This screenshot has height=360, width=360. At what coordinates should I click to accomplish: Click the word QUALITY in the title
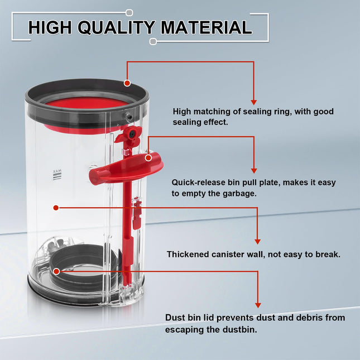point(116,27)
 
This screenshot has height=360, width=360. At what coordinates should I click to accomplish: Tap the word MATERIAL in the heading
point(207,27)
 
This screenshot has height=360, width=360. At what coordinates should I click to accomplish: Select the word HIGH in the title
point(50,27)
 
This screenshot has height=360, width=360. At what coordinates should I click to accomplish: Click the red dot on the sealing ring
point(127,83)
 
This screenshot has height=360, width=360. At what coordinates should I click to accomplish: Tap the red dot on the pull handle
point(148,158)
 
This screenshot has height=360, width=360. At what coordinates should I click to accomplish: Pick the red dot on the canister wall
point(56,208)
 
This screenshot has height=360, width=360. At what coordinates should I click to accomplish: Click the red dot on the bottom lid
point(56,272)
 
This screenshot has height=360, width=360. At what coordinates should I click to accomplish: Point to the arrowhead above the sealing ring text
point(253,102)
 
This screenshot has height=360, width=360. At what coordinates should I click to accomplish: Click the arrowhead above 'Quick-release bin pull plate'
point(254,171)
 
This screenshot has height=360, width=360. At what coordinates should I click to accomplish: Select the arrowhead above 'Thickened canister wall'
point(257,242)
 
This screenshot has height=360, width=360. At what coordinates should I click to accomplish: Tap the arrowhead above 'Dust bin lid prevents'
point(258,305)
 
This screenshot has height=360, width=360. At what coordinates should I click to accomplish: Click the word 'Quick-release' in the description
point(198,183)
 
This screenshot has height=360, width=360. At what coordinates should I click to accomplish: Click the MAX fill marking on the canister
point(57,175)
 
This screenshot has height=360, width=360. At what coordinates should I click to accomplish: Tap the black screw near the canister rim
point(129,117)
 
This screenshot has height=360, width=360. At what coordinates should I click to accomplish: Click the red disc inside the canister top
point(87,103)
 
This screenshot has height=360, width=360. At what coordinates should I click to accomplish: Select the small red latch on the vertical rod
point(137,213)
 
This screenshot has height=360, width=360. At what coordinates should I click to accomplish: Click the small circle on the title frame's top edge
point(129,13)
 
